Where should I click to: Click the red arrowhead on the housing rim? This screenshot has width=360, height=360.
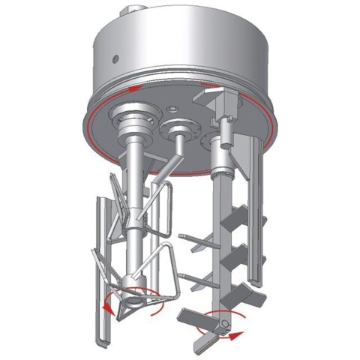coord(133,88)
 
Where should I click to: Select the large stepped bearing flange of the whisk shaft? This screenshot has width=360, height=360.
coord(133,121)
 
